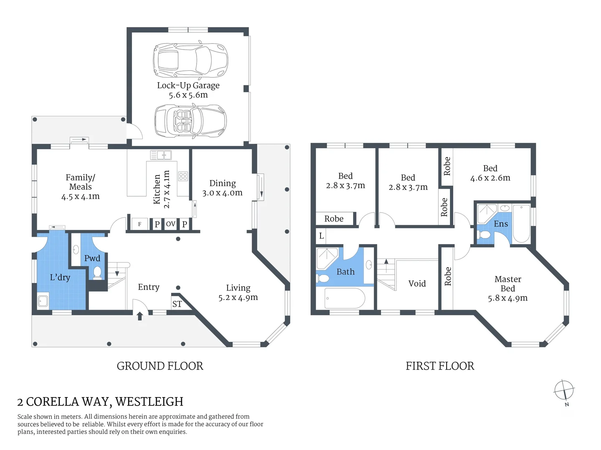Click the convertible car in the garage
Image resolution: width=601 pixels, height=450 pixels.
tap(191, 120)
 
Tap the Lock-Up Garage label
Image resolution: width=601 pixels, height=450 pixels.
tap(188, 85)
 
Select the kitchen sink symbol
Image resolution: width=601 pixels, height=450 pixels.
tap(161, 155)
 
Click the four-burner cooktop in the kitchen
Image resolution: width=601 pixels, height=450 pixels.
tap(183, 176)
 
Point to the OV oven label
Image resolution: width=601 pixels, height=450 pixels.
tap(171, 224)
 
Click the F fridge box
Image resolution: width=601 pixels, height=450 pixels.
tap(140, 224)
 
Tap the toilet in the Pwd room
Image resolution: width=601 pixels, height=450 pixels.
tap(97, 272)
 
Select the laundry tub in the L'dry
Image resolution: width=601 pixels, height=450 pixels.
tap(43, 301)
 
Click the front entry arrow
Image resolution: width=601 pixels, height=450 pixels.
tap(140, 316)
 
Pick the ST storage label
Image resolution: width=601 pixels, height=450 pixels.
tap(177, 304)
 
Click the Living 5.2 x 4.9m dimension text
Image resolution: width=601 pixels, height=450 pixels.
tap(238, 297)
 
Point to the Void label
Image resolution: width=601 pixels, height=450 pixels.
tap(417, 283)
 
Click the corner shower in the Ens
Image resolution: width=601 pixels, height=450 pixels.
tap(487, 213)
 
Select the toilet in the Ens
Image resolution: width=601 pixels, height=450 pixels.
tap(484, 235)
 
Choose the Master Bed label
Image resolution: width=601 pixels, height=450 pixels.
tap(508, 284)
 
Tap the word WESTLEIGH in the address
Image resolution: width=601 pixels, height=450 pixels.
tap(149, 402)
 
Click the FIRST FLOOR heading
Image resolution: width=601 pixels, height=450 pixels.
tap(440, 366)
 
